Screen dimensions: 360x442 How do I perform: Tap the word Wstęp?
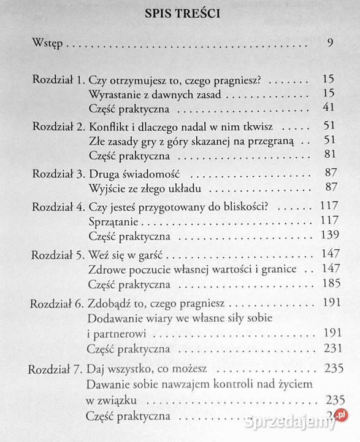(x=47, y=45)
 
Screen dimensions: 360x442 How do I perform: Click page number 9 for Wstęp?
(x=330, y=44)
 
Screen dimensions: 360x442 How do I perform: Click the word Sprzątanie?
(x=112, y=220)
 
